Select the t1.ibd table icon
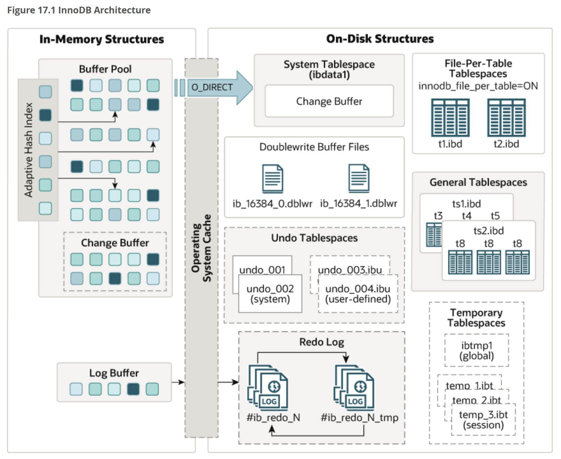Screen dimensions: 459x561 pos(450,118)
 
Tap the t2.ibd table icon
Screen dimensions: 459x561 pos(506,118)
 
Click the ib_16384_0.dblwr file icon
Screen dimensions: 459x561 pos(272,178)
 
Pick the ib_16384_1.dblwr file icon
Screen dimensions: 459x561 pos(359,178)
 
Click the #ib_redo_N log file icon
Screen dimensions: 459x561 pos(268,388)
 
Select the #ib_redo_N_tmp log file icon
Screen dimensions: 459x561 pos(354,388)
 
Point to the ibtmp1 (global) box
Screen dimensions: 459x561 pos(477,351)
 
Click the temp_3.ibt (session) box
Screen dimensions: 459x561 pos(483,420)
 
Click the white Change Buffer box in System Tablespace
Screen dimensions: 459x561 pos(329,101)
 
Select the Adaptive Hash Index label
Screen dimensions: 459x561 pos(29,150)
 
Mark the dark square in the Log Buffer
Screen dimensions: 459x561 pos(133,389)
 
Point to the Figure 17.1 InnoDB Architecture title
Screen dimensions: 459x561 pos(79,10)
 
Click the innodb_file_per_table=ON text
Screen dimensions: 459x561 pos(478,86)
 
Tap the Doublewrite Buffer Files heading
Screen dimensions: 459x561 pos(314,147)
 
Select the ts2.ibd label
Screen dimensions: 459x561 pos(488,231)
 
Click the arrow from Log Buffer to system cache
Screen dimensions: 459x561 pos(178,382)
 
